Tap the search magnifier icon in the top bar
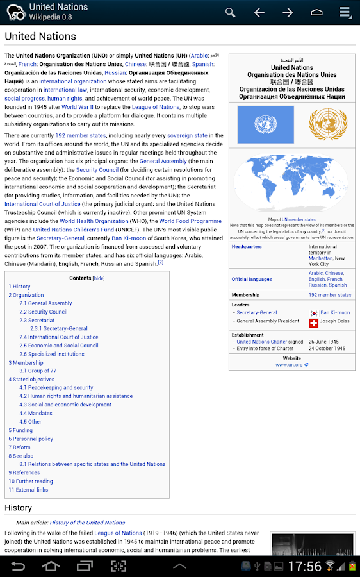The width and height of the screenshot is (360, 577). [230, 12]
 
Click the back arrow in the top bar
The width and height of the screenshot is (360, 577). [259, 12]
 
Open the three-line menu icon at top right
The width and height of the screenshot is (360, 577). [345, 12]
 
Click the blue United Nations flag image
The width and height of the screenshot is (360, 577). [265, 124]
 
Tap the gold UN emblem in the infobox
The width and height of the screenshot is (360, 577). [327, 124]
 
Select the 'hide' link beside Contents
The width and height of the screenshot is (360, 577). [99, 278]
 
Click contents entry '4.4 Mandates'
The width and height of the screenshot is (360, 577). [40, 413]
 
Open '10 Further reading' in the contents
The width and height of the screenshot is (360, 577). [31, 481]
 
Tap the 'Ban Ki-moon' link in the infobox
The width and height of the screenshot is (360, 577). [335, 313]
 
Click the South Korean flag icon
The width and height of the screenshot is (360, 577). [313, 313]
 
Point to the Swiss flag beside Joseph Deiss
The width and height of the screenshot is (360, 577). [313, 322]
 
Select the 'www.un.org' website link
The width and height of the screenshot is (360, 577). [291, 365]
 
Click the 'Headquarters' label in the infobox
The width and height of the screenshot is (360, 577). [247, 247]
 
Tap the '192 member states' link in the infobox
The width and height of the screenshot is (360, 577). [330, 295]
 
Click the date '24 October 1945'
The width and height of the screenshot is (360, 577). [327, 349]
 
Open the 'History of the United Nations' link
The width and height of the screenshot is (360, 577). [87, 523]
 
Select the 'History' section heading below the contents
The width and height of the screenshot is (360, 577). [18, 508]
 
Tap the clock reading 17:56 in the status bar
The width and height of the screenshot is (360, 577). [304, 566]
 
